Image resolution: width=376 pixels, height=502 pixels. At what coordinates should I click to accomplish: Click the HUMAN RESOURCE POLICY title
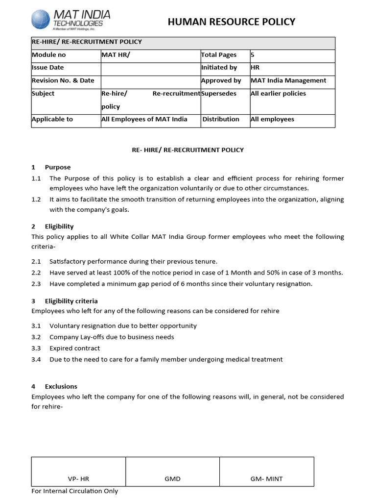click(232, 22)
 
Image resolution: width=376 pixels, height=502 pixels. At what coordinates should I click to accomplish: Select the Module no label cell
click(48, 55)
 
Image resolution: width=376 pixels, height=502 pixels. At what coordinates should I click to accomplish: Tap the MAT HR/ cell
click(116, 55)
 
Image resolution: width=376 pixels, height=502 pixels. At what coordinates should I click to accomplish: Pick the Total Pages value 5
click(253, 55)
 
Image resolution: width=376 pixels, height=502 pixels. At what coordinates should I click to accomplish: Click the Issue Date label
click(47, 68)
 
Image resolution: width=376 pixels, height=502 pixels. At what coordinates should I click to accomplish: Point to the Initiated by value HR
click(255, 68)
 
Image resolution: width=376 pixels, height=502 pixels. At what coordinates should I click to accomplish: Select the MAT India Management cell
click(288, 80)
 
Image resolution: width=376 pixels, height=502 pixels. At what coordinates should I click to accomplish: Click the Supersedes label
click(219, 94)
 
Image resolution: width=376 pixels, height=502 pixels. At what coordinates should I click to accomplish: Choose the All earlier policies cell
click(278, 94)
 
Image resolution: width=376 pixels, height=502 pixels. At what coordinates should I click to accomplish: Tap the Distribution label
click(221, 119)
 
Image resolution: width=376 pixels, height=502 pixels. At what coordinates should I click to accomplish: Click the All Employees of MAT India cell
click(144, 119)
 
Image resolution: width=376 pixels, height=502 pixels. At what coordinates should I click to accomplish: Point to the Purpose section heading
click(58, 167)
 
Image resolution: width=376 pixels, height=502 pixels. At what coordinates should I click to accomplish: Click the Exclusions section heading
click(61, 386)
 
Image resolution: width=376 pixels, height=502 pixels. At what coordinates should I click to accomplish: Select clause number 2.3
click(36, 284)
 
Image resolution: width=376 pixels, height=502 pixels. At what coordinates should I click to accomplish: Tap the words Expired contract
click(74, 348)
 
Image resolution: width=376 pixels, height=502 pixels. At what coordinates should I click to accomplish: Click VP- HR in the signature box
click(78, 479)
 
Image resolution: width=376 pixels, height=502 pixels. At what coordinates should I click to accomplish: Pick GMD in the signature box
click(172, 479)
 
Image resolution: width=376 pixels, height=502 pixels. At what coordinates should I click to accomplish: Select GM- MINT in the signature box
click(267, 479)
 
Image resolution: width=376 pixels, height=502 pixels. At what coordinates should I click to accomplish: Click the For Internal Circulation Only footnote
click(74, 491)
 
